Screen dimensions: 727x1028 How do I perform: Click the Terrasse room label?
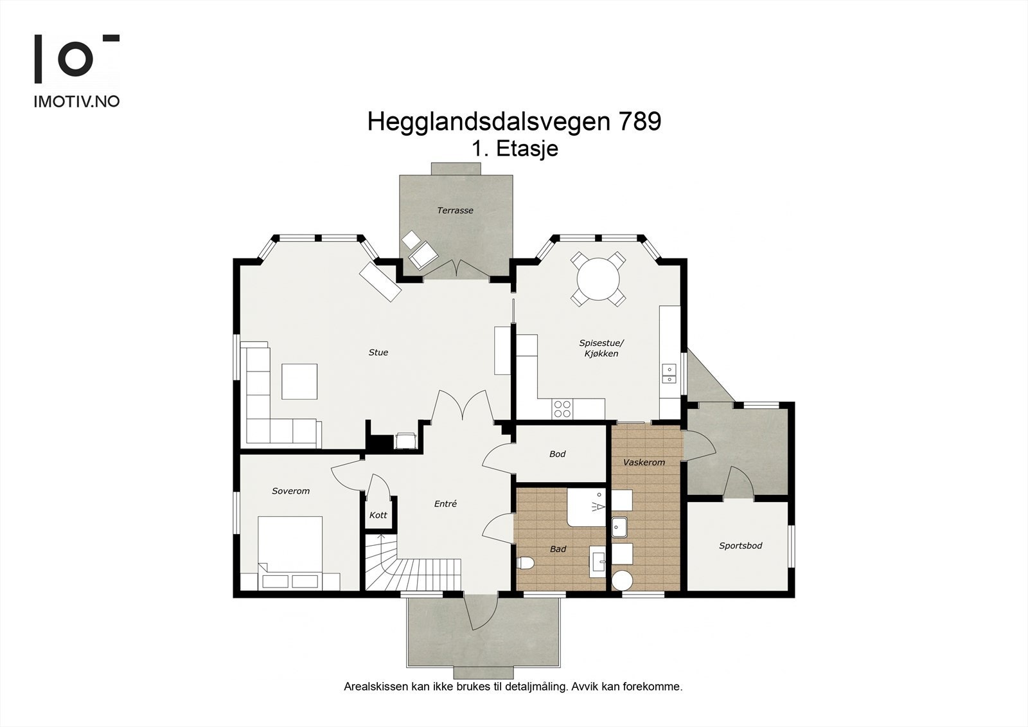click(455, 210)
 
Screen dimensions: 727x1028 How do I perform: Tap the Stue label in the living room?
click(378, 352)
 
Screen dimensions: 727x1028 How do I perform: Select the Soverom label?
click(290, 491)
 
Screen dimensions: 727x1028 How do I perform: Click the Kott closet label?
click(378, 515)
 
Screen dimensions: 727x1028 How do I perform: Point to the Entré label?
click(445, 504)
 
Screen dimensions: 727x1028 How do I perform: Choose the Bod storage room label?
click(557, 454)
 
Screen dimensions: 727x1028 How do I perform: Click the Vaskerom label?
click(644, 462)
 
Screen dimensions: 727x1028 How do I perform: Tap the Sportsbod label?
click(740, 546)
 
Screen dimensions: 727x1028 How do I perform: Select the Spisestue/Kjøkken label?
click(601, 348)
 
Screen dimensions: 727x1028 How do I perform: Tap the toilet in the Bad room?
click(525, 563)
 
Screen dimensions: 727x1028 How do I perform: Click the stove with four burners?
click(562, 409)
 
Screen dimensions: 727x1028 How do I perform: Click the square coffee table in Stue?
click(299, 381)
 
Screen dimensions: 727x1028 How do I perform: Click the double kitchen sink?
click(669, 373)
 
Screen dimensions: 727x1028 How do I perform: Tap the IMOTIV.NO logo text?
click(76, 101)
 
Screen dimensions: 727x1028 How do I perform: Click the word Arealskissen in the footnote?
click(376, 687)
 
